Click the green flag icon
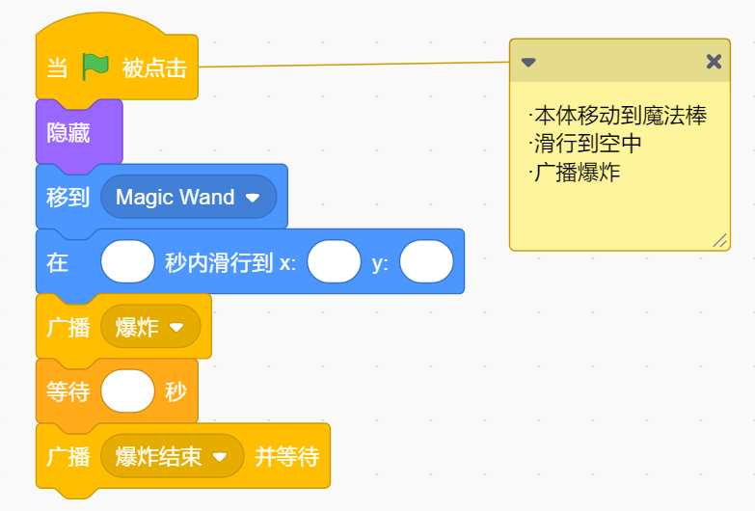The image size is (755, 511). click(x=95, y=67)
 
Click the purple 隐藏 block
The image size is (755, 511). click(x=79, y=132)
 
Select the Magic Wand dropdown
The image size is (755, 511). click(x=188, y=197)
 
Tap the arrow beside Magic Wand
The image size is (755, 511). click(x=253, y=198)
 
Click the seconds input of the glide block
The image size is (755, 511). click(x=127, y=261)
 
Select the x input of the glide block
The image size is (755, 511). click(x=335, y=261)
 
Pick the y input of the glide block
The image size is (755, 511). click(x=426, y=261)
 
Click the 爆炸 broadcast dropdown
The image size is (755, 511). click(x=150, y=327)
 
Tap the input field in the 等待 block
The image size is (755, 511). click(x=127, y=391)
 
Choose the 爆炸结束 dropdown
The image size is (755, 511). click(x=172, y=457)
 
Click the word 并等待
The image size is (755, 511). click(x=287, y=457)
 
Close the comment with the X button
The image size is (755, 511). click(x=714, y=62)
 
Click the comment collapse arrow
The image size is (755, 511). click(x=528, y=62)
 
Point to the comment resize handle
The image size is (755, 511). click(x=720, y=240)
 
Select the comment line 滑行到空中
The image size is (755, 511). click(x=585, y=144)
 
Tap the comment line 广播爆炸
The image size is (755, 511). click(x=575, y=173)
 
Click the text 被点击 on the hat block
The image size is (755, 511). click(x=154, y=67)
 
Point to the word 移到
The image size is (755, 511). click(x=67, y=198)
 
